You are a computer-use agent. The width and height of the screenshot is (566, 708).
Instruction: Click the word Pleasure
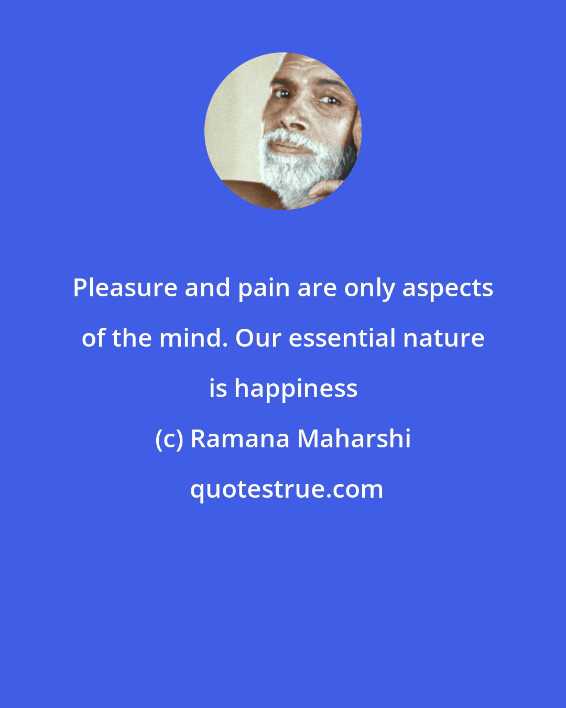125,288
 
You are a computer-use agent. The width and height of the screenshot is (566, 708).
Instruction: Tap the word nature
443,338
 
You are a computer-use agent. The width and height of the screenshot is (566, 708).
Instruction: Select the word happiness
296,389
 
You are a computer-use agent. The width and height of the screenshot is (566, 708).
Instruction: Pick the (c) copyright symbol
169,439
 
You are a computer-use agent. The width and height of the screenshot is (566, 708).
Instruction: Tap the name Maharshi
354,439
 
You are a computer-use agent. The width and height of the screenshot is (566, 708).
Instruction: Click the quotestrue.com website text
286,489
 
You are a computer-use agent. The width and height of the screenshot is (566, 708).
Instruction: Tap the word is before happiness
217,389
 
